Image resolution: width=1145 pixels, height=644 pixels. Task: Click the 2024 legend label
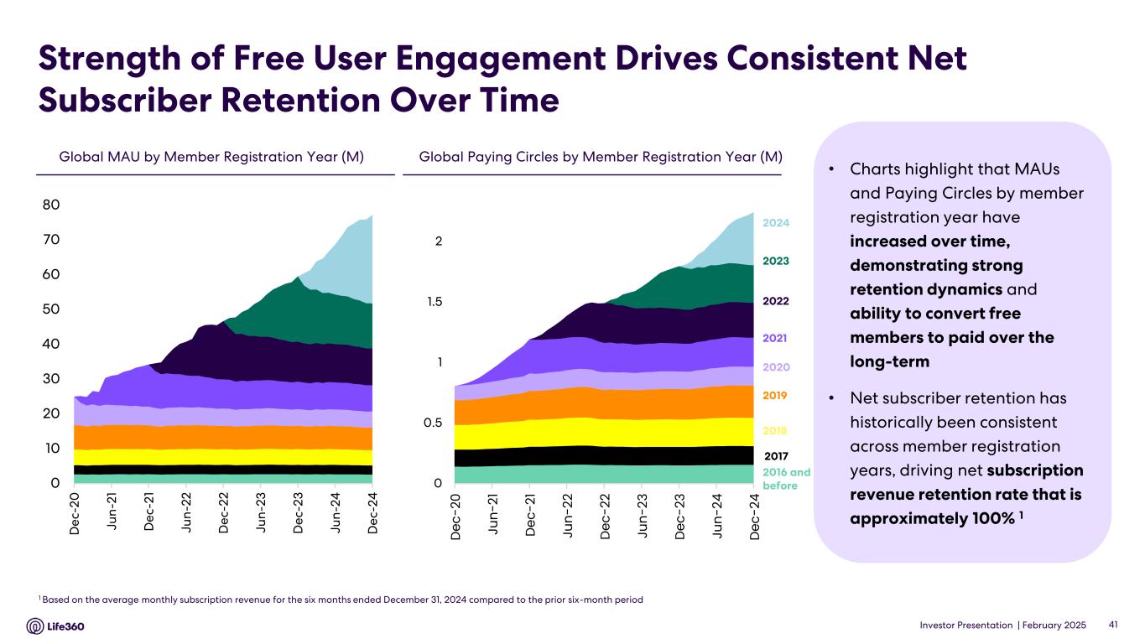pyautogui.click(x=776, y=223)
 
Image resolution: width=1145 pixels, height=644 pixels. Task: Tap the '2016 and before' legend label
pyautogui.click(x=786, y=479)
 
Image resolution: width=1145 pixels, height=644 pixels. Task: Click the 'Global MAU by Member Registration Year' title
pyautogui.click(x=211, y=157)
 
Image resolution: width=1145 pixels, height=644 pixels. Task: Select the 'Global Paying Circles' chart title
pyautogui.click(x=600, y=157)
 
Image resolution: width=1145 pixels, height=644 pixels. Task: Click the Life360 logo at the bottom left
pyautogui.click(x=55, y=626)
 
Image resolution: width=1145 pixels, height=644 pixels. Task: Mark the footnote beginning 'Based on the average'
pyautogui.click(x=342, y=600)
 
